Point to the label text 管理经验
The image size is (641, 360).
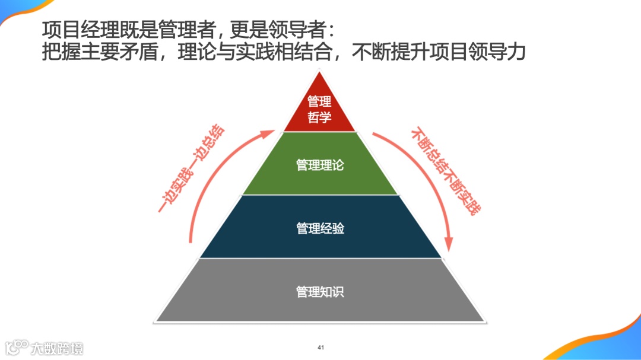pos(320,228)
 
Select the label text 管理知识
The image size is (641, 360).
pos(320,291)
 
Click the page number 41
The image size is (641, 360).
pos(320,347)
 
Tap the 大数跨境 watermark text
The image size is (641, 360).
pos(57,348)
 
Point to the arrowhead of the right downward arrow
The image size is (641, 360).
pos(449,246)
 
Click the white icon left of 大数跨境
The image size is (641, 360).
pos(17,347)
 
